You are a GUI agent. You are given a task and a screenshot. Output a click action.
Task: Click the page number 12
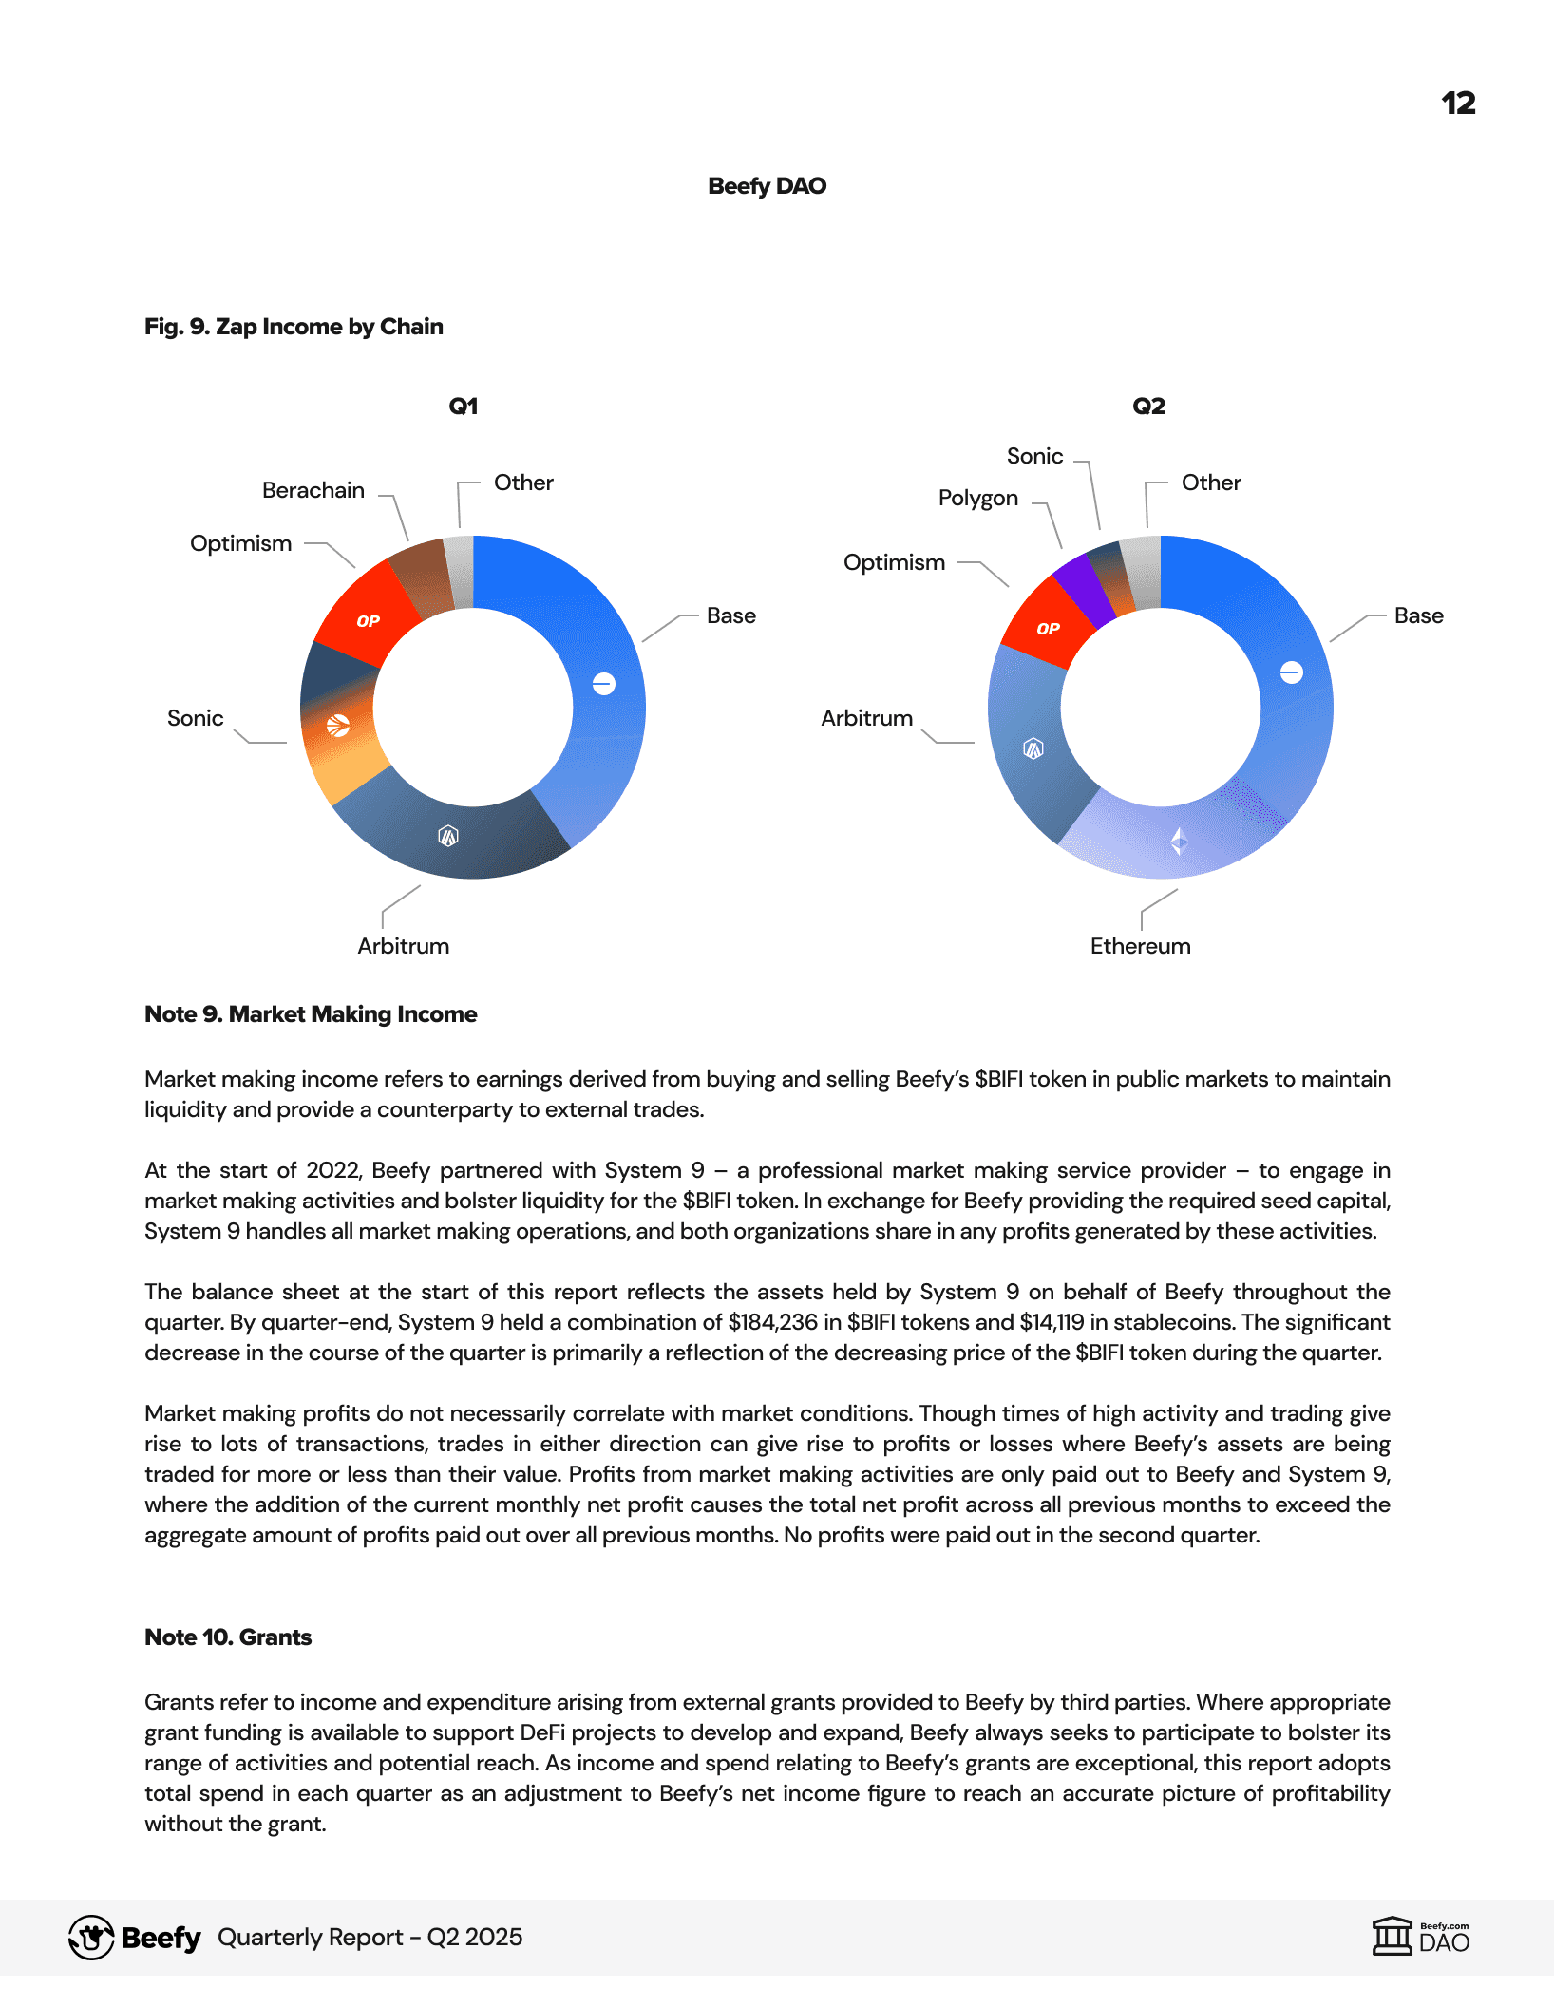pyautogui.click(x=1458, y=103)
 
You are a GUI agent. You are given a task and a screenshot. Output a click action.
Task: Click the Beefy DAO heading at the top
pyautogui.click(x=767, y=185)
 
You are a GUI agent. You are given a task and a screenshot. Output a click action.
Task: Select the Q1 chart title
pyautogui.click(x=463, y=407)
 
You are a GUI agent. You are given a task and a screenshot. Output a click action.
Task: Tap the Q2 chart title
pyautogui.click(x=1148, y=407)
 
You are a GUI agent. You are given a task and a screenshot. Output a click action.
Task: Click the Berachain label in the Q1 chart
pyautogui.click(x=313, y=490)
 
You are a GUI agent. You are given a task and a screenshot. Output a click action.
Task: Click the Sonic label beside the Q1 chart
pyautogui.click(x=195, y=718)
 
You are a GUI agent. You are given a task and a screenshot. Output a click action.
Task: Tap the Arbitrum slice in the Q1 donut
pyautogui.click(x=446, y=836)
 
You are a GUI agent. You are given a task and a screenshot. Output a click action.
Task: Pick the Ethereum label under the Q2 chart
pyautogui.click(x=1140, y=946)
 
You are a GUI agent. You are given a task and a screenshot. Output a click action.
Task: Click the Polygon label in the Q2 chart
pyautogui.click(x=977, y=498)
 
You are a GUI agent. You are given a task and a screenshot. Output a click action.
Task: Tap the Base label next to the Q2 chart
pyautogui.click(x=1418, y=615)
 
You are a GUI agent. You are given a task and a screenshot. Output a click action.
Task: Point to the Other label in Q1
pyautogui.click(x=523, y=483)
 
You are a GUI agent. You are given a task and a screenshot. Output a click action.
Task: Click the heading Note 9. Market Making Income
pyautogui.click(x=311, y=1014)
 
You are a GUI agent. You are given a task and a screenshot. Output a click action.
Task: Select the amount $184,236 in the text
pyautogui.click(x=772, y=1322)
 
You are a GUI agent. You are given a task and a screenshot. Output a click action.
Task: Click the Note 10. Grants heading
pyautogui.click(x=228, y=1637)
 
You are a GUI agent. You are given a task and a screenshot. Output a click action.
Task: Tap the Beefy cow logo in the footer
pyautogui.click(x=91, y=1938)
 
